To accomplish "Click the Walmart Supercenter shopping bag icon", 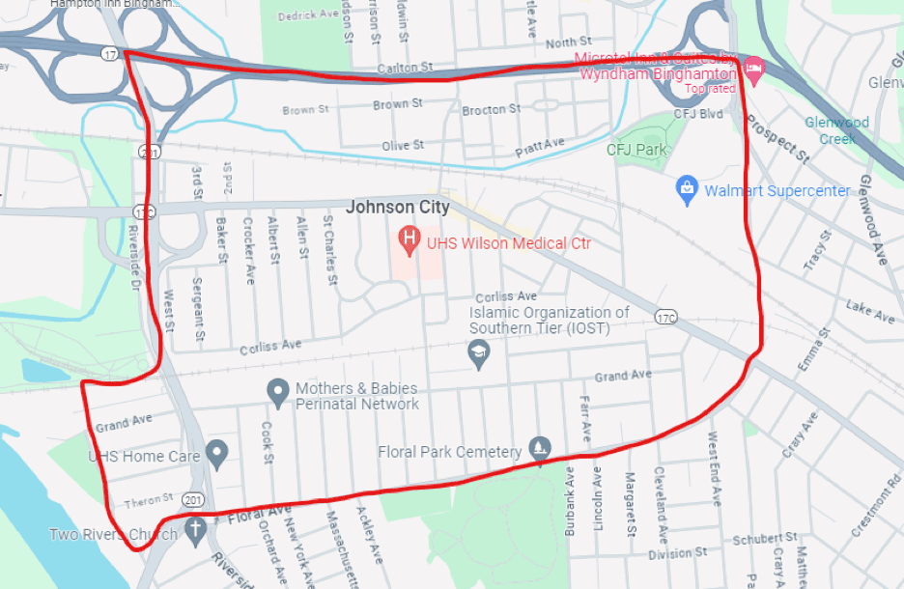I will pyautogui.click(x=687, y=190).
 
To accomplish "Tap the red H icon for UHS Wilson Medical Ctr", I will pyautogui.click(x=410, y=237).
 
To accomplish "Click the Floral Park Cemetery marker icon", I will pyautogui.click(x=540, y=450).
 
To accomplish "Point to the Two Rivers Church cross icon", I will pyautogui.click(x=195, y=529).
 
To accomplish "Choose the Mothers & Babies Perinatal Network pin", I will pyautogui.click(x=278, y=391).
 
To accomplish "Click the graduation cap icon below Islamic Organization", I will pyautogui.click(x=477, y=353).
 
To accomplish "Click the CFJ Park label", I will pyautogui.click(x=636, y=150).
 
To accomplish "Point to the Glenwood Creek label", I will pyautogui.click(x=837, y=130).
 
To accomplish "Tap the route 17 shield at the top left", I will pyautogui.click(x=110, y=55).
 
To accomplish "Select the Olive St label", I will pyautogui.click(x=403, y=145).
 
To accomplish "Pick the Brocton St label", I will pyautogui.click(x=491, y=110).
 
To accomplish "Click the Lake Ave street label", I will pyautogui.click(x=870, y=310).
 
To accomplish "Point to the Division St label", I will pyautogui.click(x=670, y=554).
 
